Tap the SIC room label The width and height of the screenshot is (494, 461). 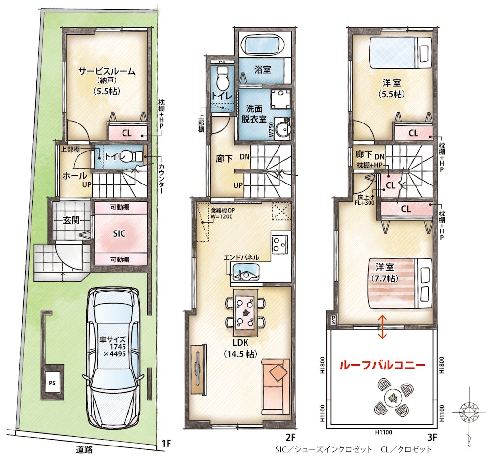pyautogui.click(x=119, y=233)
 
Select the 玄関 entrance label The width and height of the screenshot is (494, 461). pyautogui.click(x=72, y=220)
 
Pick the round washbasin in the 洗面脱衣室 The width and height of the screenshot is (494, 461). pyautogui.click(x=283, y=129)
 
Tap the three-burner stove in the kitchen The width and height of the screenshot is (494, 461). pyautogui.click(x=280, y=244)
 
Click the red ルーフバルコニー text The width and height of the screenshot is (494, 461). pyautogui.click(x=382, y=365)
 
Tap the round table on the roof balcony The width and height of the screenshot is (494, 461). pyautogui.click(x=392, y=397)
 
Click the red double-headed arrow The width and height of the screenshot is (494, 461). pyautogui.click(x=382, y=327)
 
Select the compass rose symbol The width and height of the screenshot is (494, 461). pyautogui.click(x=469, y=412)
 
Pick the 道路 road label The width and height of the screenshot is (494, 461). pyautogui.click(x=84, y=449)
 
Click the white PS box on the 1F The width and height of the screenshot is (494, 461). pyautogui.click(x=52, y=383)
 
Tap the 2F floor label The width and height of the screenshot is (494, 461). pyautogui.click(x=291, y=437)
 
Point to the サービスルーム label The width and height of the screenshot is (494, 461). pyautogui.click(x=107, y=71)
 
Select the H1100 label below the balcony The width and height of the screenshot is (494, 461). pyautogui.click(x=384, y=432)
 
